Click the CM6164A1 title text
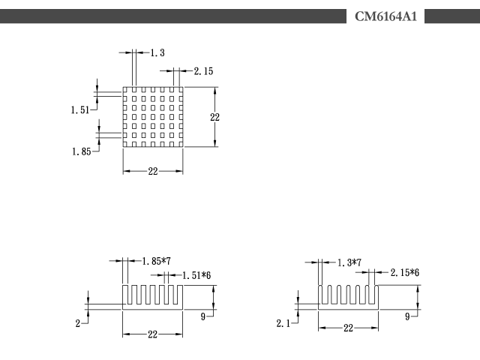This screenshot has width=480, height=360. (x=385, y=16)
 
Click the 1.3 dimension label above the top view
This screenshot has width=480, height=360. (x=157, y=52)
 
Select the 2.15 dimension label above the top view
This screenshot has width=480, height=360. (x=203, y=71)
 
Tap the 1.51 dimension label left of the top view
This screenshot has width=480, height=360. (x=80, y=110)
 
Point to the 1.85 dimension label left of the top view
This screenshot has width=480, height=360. (x=82, y=151)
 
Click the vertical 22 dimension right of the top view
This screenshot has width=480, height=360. (x=215, y=117)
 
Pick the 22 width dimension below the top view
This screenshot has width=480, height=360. (x=153, y=171)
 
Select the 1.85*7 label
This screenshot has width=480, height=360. (x=157, y=261)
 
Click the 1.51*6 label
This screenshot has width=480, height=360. (x=196, y=275)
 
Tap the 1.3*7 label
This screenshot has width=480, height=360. (x=349, y=262)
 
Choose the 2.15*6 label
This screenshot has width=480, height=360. (x=405, y=272)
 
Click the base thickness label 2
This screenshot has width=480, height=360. (x=78, y=323)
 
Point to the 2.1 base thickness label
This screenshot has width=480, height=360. (x=283, y=323)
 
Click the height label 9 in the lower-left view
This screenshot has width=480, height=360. (x=203, y=316)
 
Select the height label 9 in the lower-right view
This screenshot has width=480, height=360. (x=407, y=316)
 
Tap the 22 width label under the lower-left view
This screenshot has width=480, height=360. (x=152, y=334)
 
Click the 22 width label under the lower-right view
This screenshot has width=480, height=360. (x=348, y=328)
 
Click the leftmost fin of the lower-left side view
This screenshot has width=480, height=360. (x=125, y=295)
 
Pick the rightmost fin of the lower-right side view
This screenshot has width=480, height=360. (x=376, y=295)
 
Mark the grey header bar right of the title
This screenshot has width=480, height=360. (x=452, y=16)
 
